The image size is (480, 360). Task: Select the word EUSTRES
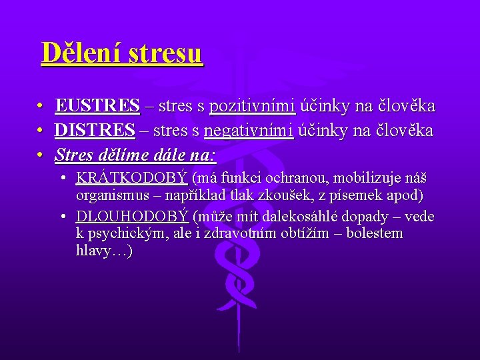tap(97, 106)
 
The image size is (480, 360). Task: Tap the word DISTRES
tap(95, 131)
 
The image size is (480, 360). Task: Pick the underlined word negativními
tap(249, 131)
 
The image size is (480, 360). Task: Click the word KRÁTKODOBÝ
tap(132, 178)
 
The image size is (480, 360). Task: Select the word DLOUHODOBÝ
tap(132, 217)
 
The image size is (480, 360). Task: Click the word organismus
tap(111, 195)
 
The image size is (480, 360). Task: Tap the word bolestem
tap(374, 234)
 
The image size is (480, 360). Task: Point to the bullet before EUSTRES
tap(40, 107)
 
